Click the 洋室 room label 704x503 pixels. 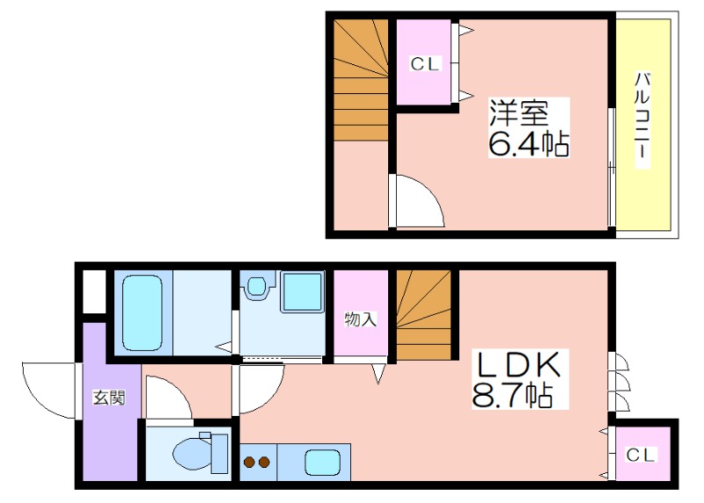click(x=518, y=113)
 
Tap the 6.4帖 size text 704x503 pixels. click(x=529, y=143)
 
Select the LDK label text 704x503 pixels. click(x=519, y=364)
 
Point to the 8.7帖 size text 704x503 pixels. click(x=512, y=395)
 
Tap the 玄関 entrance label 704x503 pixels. click(x=108, y=397)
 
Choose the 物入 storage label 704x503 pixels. click(x=360, y=319)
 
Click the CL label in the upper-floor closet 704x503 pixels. click(x=424, y=64)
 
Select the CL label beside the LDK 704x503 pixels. click(x=641, y=456)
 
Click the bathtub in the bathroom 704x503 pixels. click(x=143, y=313)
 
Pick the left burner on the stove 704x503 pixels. click(x=248, y=462)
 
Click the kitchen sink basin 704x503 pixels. click(x=322, y=463)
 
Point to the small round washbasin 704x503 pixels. click(x=256, y=286)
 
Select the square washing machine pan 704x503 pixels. click(x=302, y=291)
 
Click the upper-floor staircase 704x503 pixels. click(x=361, y=79)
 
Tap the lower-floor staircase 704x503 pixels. click(x=423, y=315)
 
